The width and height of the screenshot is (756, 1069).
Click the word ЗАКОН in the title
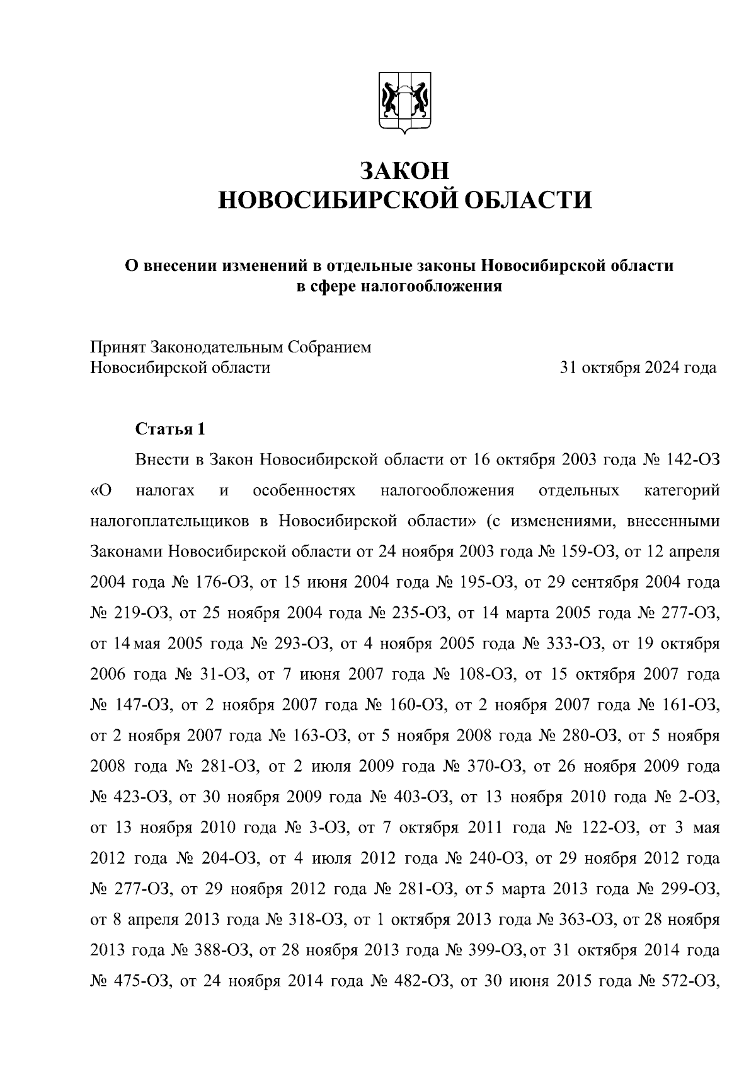coord(404,170)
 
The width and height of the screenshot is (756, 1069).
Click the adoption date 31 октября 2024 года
coord(638,367)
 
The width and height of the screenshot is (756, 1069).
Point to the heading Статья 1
coord(170,430)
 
